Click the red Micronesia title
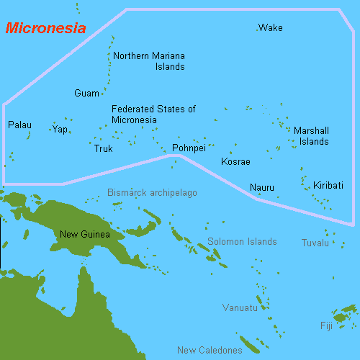45,29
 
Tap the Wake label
271,28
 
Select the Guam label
86,94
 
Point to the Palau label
19,125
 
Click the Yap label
60,130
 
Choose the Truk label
104,149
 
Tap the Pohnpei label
189,148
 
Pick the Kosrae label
235,162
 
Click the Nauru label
261,188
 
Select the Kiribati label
328,186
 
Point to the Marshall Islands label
311,136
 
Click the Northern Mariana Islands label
150,61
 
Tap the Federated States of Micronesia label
153,114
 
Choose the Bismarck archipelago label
152,193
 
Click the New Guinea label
85,234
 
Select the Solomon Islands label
242,242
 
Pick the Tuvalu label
315,243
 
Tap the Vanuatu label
240,308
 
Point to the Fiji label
327,326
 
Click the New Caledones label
210,351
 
